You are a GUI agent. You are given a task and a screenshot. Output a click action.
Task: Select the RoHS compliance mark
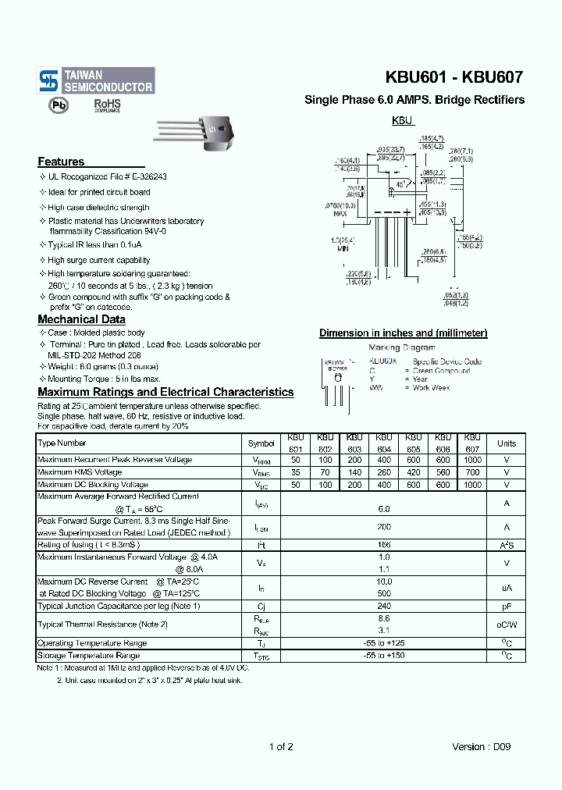tap(107, 105)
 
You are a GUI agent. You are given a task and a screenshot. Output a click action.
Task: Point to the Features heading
tap(61, 162)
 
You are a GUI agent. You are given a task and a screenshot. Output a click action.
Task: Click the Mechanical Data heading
tap(81, 319)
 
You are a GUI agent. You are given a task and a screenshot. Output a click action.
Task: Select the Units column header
tap(506, 443)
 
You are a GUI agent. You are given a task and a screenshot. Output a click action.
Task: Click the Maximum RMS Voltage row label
tap(80, 472)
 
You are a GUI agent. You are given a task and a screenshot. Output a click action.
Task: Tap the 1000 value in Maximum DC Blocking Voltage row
tap(472, 485)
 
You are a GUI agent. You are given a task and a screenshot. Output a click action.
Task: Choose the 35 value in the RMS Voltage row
tap(295, 472)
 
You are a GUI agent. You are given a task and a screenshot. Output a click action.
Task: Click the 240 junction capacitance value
tap(383, 606)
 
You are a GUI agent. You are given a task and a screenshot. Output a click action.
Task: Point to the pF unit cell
tap(506, 606)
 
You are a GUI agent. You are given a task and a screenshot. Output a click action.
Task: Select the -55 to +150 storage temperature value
tap(383, 656)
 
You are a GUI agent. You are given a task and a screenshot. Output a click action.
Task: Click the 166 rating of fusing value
tap(383, 545)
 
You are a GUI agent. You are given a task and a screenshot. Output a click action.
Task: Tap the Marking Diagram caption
tap(402, 347)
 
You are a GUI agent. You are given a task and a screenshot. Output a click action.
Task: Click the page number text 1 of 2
tap(281, 746)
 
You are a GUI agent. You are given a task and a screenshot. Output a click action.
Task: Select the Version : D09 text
tap(482, 746)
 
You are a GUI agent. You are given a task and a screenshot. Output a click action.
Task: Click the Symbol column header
tap(261, 443)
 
